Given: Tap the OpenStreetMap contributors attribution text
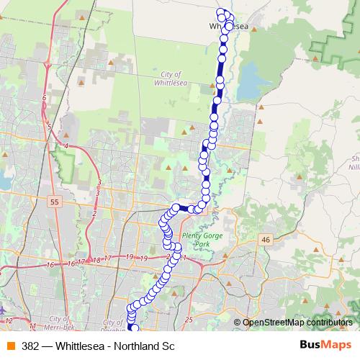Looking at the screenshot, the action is pyautogui.click(x=297, y=323).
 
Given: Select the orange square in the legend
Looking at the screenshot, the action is pyautogui.click(x=10, y=346).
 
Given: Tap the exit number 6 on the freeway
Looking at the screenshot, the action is pyautogui.click(x=44, y=98).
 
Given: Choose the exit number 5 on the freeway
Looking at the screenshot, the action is pyautogui.click(x=50, y=127).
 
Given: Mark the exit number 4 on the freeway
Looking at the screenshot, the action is pyautogui.click(x=66, y=145).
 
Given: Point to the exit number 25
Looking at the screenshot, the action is pyautogui.click(x=189, y=318).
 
